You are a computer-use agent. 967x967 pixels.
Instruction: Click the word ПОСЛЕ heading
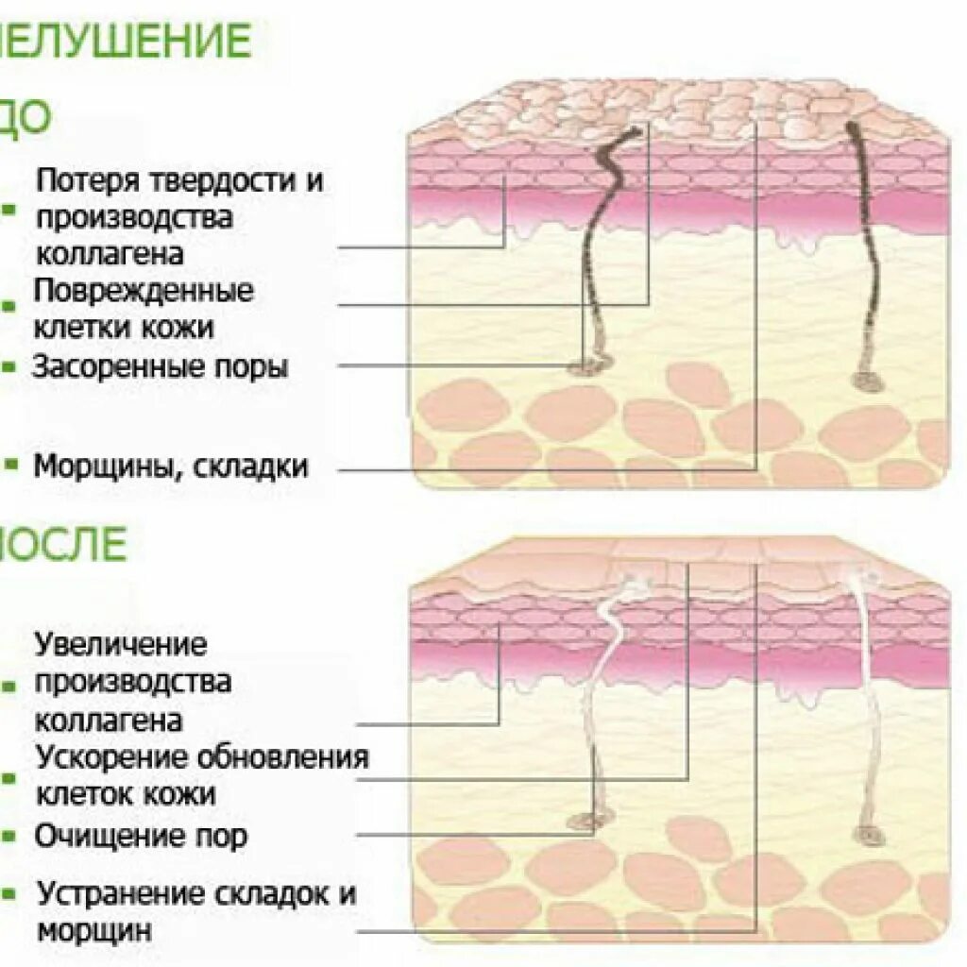(61, 546)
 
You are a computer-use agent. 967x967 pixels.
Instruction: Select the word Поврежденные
(144, 291)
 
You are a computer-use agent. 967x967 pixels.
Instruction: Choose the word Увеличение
(121, 645)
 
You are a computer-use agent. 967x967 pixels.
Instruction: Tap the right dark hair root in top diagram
(867, 381)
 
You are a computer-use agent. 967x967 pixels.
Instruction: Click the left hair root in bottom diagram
(587, 822)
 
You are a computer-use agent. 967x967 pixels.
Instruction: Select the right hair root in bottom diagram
(867, 835)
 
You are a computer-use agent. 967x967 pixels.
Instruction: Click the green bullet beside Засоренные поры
(8, 366)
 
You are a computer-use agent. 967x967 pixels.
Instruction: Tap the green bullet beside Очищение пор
(8, 836)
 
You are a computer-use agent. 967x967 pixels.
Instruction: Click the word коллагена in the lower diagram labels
(109, 721)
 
